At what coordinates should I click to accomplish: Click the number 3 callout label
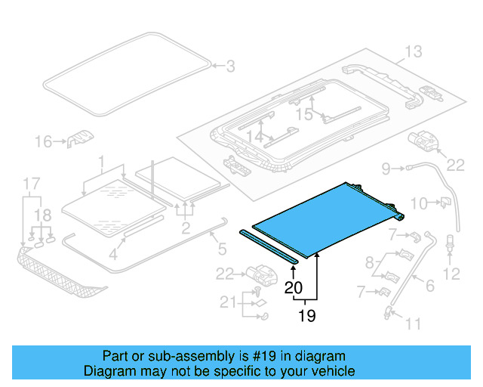[x=229, y=67]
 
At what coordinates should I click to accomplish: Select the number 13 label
[x=412, y=51]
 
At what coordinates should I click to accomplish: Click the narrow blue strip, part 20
[x=269, y=246]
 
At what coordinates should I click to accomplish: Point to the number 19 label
[x=306, y=316]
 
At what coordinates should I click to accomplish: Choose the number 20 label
[x=294, y=287]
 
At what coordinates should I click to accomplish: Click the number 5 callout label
[x=222, y=247]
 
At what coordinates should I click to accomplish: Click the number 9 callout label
[x=386, y=168]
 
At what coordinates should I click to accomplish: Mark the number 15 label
[x=303, y=114]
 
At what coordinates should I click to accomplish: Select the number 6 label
[x=430, y=285]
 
